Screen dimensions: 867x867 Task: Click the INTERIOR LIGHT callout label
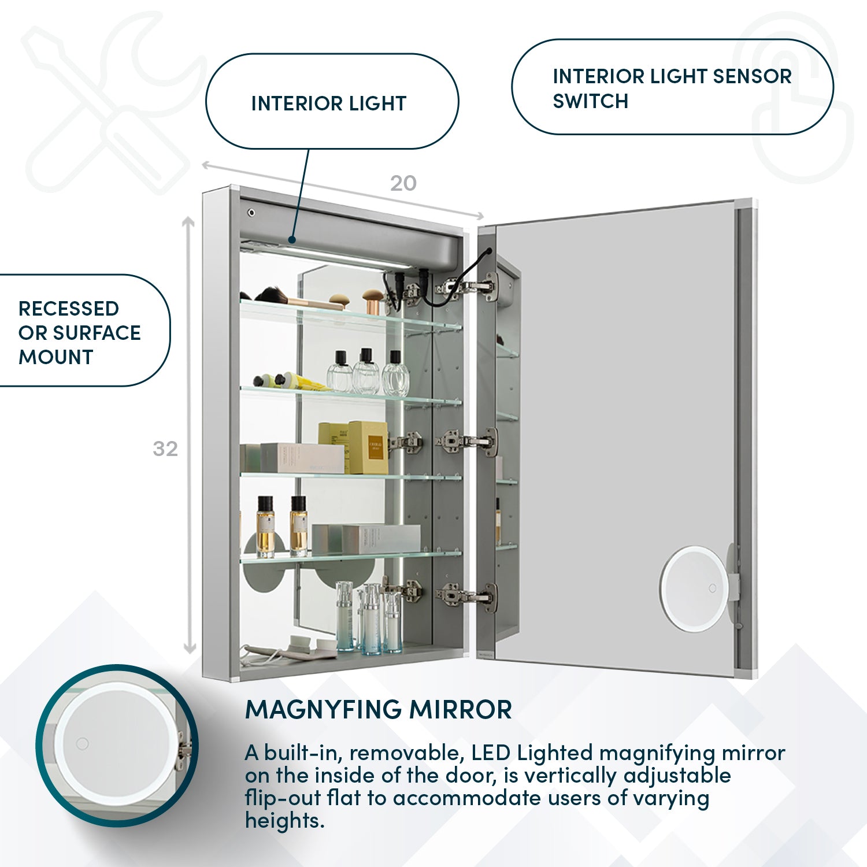(329, 103)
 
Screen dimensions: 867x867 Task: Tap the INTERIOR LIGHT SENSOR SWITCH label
(672, 88)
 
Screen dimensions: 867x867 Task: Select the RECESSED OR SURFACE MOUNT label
(79, 333)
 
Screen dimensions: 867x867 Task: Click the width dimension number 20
(403, 184)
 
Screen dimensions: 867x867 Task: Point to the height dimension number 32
(165, 449)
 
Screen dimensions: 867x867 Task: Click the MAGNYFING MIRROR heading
(379, 710)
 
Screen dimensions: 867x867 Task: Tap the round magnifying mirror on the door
(694, 588)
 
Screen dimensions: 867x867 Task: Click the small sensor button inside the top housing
(251, 213)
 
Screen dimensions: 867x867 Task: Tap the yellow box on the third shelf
(368, 447)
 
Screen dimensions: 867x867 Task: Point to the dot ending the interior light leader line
(292, 239)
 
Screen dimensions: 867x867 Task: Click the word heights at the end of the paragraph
(284, 820)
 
